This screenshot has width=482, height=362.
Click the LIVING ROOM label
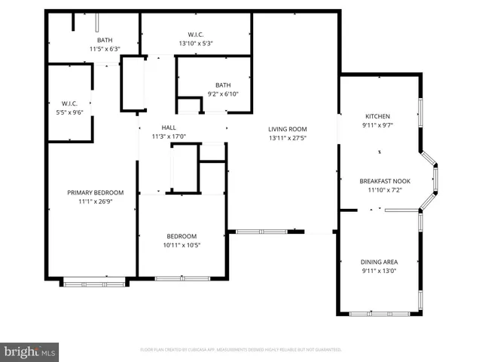(288, 128)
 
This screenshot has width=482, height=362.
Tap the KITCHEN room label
(377, 116)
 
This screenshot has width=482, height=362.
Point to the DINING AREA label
(378, 262)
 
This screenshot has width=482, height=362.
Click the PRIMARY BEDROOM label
(95, 192)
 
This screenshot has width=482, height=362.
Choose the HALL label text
(169, 127)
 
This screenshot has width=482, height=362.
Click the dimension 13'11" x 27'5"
(288, 138)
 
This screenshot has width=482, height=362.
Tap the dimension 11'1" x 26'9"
(95, 202)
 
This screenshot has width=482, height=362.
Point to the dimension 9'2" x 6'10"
(223, 94)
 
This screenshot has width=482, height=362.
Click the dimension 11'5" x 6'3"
(105, 49)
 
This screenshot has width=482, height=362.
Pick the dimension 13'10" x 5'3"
(196, 44)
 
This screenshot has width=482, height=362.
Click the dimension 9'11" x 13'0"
(378, 271)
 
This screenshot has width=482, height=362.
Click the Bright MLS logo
(30, 351)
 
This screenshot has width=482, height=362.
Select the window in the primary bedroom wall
(95, 283)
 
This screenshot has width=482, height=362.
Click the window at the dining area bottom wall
(380, 313)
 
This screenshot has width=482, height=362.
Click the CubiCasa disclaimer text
(241, 350)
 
